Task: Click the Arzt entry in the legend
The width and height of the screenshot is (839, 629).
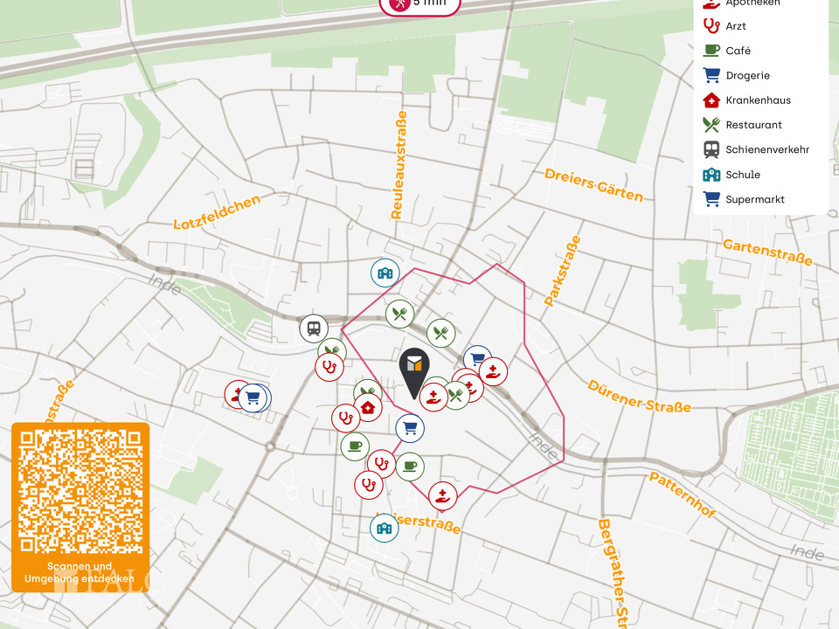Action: (736, 26)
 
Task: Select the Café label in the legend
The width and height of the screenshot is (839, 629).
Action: (738, 51)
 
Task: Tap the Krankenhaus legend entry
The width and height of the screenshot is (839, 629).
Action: (758, 100)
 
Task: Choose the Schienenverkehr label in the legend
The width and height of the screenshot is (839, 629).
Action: (766, 149)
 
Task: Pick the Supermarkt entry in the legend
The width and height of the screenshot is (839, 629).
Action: (754, 199)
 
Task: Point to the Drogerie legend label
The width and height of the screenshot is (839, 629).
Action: (747, 76)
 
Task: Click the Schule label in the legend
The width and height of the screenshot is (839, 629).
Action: (742, 175)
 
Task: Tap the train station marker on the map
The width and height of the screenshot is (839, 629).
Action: (313, 329)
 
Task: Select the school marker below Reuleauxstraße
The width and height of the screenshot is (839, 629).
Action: (385, 273)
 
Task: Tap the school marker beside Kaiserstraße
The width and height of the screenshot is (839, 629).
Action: (384, 528)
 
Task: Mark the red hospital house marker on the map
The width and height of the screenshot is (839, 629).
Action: (368, 407)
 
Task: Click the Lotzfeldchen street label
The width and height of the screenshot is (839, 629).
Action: (218, 211)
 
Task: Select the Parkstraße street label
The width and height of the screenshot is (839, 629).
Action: (563, 270)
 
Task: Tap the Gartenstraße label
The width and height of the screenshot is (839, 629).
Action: (767, 252)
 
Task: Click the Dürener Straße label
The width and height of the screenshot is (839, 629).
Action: (639, 397)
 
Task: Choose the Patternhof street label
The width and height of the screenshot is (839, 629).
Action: (682, 494)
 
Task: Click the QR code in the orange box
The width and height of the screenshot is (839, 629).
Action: (80, 491)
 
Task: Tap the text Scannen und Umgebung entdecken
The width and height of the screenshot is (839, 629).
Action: (80, 572)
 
